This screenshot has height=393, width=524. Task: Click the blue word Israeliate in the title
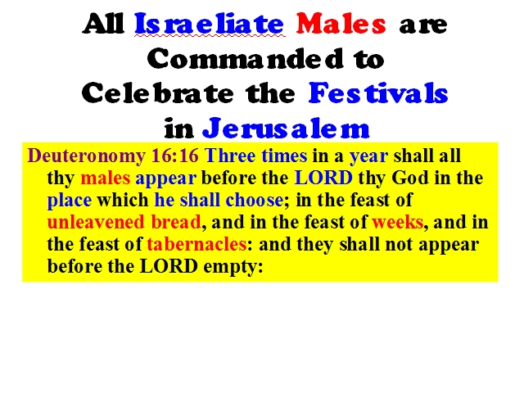tap(210, 24)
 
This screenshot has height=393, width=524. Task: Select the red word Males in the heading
tap(341, 24)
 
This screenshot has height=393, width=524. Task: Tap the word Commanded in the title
tap(245, 58)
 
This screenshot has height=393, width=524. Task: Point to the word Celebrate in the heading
tap(157, 93)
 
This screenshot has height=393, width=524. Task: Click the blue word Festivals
tap(378, 93)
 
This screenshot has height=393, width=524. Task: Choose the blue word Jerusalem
tap(286, 128)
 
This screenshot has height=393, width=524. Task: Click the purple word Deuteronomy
tap(87, 156)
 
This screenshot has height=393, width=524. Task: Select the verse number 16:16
tap(175, 156)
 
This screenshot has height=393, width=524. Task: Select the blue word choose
tap(255, 200)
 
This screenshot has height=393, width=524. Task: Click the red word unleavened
tap(97, 222)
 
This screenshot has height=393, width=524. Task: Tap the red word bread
tap(176, 222)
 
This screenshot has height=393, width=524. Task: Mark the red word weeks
tap(398, 222)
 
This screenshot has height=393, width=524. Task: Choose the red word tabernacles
tap(196, 244)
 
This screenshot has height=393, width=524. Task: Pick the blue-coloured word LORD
tap(323, 178)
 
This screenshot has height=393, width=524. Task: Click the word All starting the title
tap(103, 24)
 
